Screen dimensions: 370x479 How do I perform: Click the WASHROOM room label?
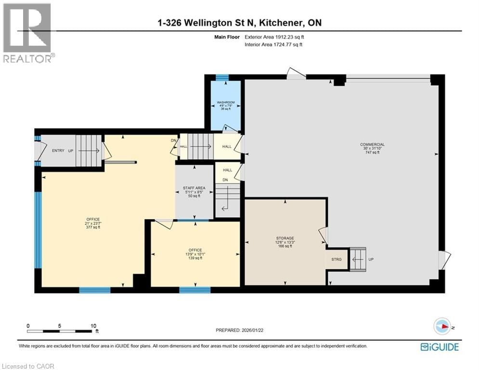pyautogui.click(x=226, y=102)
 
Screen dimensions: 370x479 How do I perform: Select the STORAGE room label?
pyautogui.click(x=285, y=238)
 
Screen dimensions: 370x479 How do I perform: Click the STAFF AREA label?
pyautogui.click(x=194, y=188)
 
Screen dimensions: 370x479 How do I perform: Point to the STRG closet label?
pyautogui.click(x=337, y=259)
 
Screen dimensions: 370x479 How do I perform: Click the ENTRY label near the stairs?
pyautogui.click(x=58, y=151)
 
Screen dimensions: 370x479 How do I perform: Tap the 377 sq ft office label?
pyautogui.click(x=93, y=219)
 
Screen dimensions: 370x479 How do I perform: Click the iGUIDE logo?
pyautogui.click(x=439, y=347)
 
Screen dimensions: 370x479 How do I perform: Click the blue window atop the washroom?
pyautogui.click(x=221, y=77)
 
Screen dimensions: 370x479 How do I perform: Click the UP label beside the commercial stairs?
pyautogui.click(x=371, y=259)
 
